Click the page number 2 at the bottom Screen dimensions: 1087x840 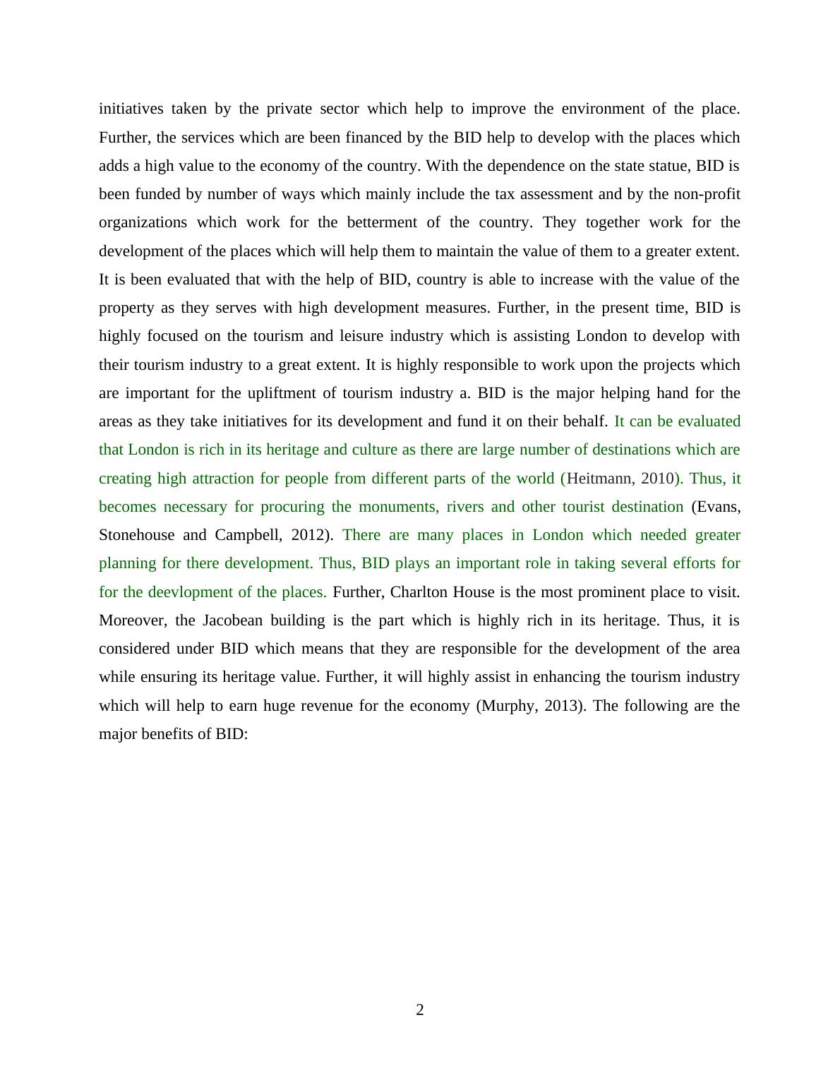(x=420, y=1010)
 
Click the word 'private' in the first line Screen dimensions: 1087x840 (x=289, y=109)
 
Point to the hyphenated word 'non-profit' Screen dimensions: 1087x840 (x=707, y=194)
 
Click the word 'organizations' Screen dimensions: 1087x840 (x=143, y=222)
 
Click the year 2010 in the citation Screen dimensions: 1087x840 (x=657, y=479)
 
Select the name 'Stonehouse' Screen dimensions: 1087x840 (x=136, y=535)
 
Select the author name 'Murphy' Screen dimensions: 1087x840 (x=508, y=706)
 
